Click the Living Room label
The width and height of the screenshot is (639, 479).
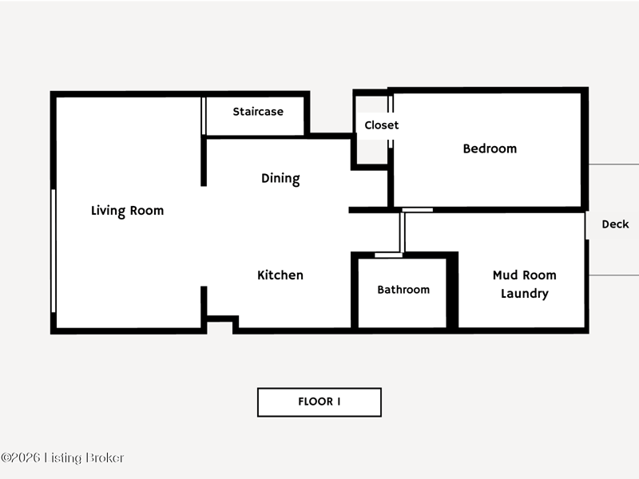127,211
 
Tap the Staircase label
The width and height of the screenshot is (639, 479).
258,112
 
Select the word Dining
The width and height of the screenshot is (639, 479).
280,178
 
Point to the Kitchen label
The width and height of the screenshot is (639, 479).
280,275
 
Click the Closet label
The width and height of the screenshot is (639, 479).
382,125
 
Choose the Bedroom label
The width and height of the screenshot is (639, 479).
490,148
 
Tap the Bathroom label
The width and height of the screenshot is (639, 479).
403,290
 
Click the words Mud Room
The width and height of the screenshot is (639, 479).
525,275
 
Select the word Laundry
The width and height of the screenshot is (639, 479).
525,294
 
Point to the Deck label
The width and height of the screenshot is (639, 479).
615,224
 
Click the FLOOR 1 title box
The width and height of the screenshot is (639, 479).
319,402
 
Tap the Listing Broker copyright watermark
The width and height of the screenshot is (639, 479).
62,457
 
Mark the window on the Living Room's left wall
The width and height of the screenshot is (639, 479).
53,251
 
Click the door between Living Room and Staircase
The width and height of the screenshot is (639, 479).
204,116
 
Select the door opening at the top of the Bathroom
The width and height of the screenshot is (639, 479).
388,255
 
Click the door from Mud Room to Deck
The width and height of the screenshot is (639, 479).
587,226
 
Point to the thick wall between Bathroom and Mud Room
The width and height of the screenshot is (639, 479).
452,291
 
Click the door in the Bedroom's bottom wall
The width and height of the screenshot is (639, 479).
417,210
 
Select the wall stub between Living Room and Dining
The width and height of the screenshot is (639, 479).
204,161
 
